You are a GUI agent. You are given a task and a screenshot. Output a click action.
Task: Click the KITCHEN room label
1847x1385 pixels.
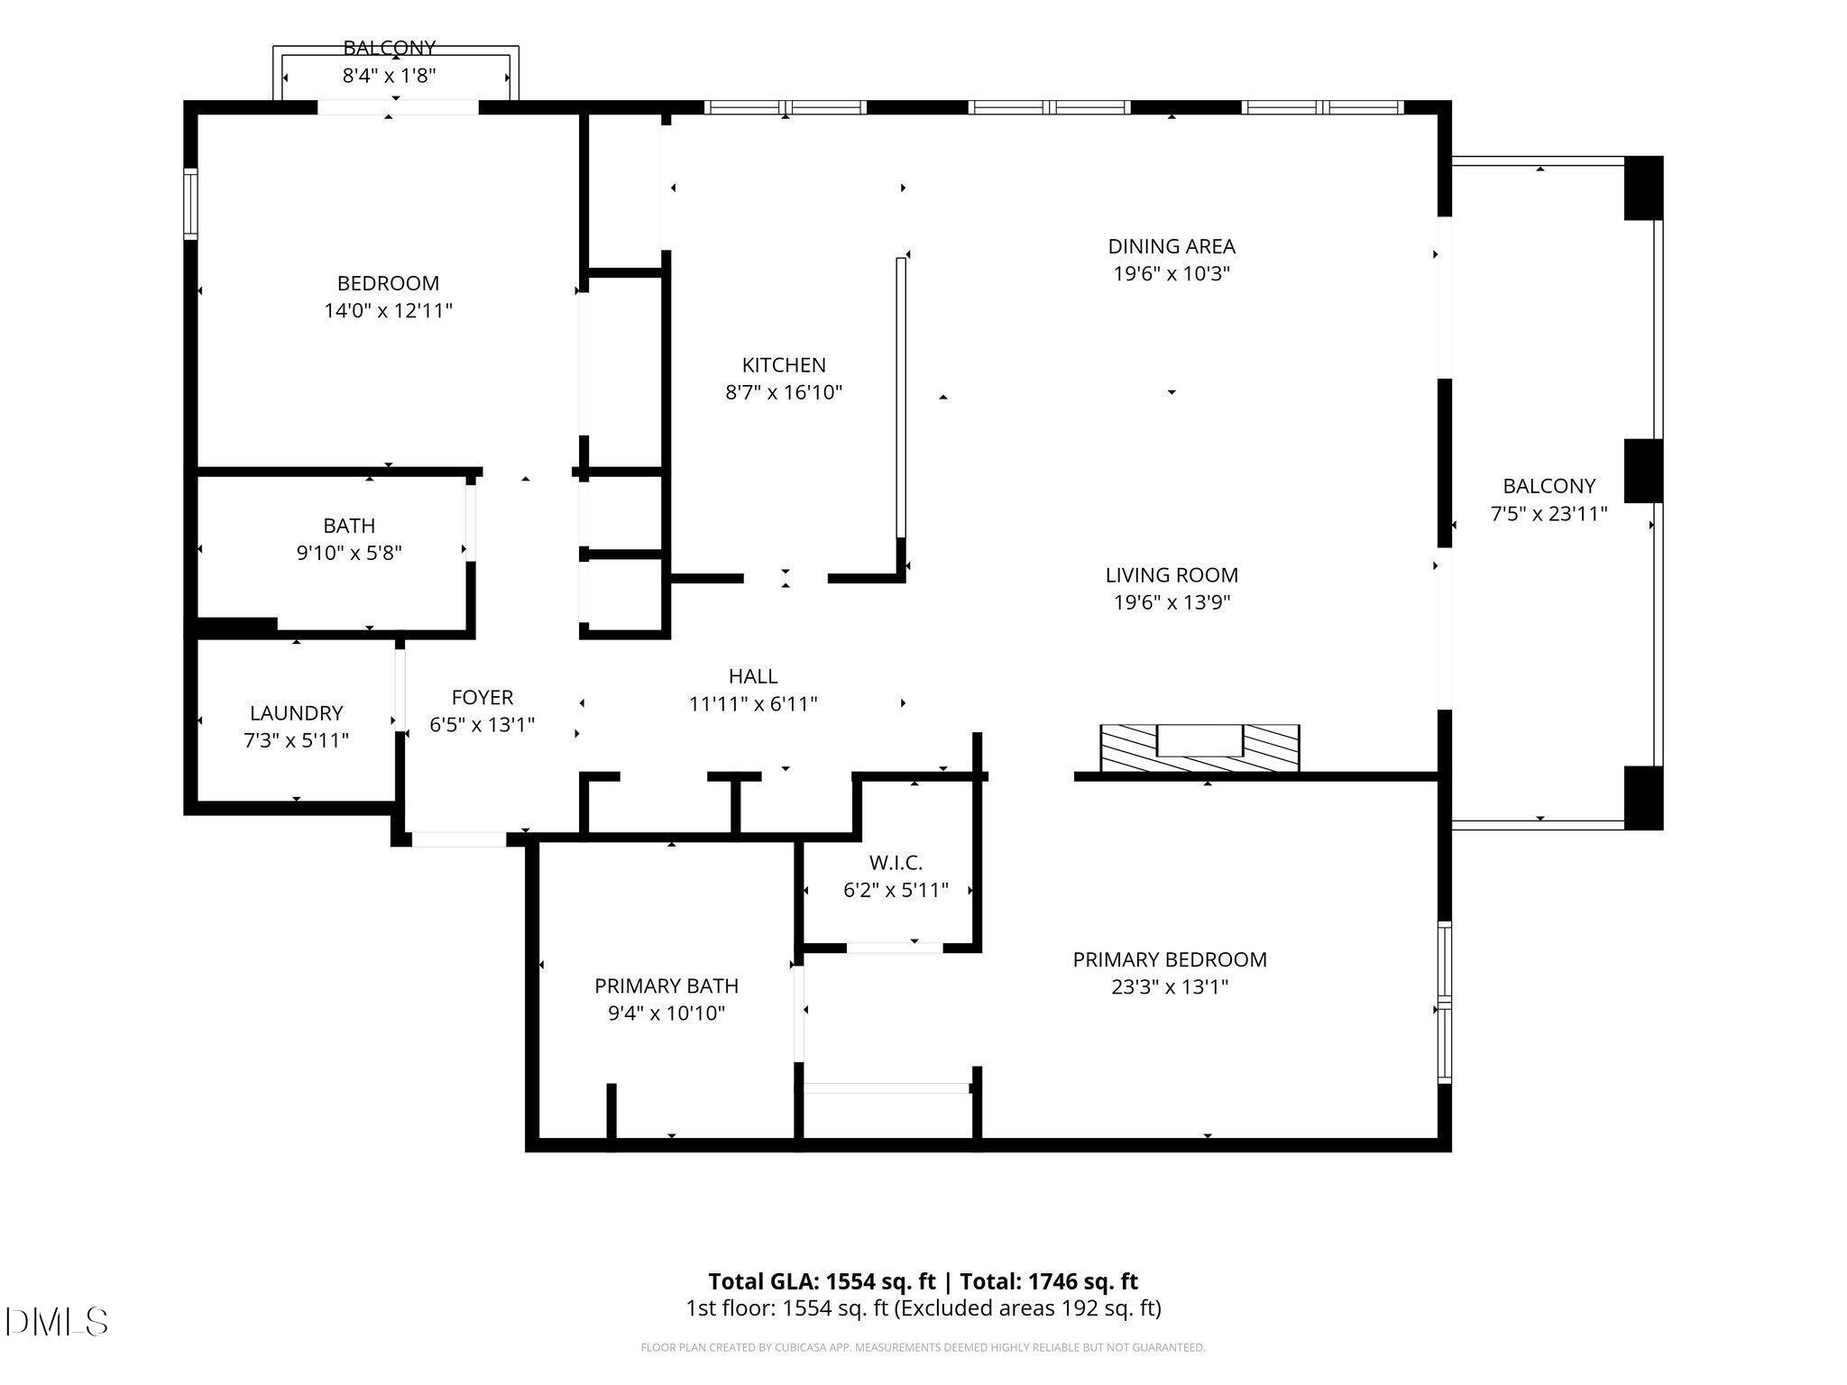[783, 365]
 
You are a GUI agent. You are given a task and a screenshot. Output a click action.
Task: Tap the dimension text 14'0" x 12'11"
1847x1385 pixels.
[388, 311]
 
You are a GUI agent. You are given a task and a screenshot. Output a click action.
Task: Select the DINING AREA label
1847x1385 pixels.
[1171, 246]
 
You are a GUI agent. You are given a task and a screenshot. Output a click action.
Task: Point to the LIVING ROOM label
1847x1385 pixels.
[1171, 574]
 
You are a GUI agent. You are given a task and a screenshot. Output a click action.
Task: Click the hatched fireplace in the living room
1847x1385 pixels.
[1199, 748]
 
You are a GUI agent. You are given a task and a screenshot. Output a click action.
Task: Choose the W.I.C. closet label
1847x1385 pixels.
[895, 863]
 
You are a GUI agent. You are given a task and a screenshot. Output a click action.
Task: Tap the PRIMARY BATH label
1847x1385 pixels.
[666, 986]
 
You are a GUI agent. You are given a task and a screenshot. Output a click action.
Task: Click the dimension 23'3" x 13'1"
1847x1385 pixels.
[1169, 986]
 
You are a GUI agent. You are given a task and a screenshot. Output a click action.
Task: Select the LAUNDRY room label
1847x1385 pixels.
[296, 713]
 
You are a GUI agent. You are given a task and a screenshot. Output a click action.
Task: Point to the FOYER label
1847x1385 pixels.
[482, 697]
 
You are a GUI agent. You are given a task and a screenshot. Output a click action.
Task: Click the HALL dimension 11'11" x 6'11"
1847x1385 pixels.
[752, 703]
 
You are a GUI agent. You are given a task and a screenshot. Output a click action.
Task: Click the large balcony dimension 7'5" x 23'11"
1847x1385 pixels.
[1548, 514]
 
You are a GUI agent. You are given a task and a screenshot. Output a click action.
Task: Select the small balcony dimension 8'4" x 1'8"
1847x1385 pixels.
[389, 76]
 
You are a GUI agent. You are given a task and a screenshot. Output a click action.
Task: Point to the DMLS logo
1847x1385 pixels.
[56, 1322]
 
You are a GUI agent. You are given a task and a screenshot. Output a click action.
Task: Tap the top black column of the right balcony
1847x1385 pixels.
[1642, 188]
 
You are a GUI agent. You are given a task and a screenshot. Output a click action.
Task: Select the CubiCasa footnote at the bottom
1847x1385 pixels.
[922, 1347]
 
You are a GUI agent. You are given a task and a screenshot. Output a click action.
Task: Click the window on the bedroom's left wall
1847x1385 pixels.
[190, 204]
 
